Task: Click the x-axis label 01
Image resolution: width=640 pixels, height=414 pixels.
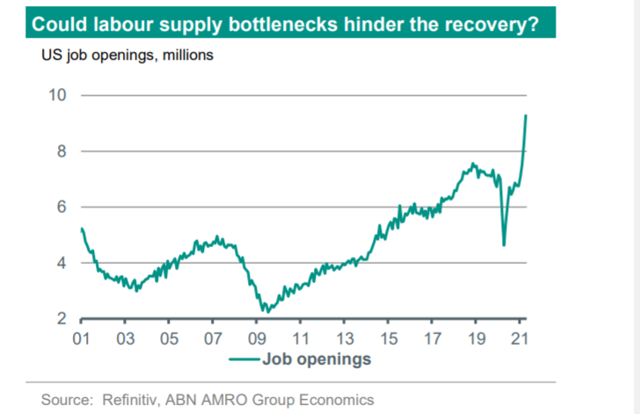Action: point(81,338)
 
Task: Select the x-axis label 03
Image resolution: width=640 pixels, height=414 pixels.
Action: point(125,338)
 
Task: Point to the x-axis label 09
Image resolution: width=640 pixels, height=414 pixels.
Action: point(257,338)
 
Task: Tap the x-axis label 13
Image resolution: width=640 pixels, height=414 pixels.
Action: point(345,338)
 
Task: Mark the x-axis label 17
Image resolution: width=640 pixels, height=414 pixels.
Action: point(433,338)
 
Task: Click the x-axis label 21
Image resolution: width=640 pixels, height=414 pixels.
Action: point(520,338)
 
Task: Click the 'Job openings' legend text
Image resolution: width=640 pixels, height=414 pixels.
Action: point(316,359)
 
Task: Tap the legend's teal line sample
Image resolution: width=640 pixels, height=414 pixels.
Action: point(244,359)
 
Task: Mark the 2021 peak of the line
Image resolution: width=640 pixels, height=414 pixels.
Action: point(526,115)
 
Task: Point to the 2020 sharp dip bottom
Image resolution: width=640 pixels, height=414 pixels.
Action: point(504,244)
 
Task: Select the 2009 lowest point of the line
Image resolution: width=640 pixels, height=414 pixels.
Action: point(265,311)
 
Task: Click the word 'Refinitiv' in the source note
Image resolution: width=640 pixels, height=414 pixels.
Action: point(135,400)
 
